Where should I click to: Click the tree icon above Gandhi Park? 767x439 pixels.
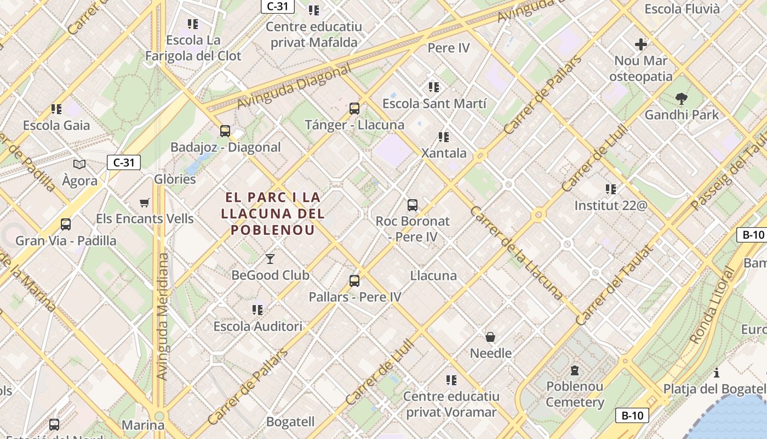pyautogui.click(x=682, y=99)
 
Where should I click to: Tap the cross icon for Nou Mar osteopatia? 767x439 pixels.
pyautogui.click(x=641, y=44)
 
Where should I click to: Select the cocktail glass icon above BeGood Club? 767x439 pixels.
pyautogui.click(x=270, y=258)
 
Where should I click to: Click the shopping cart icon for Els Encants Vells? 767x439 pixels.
pyautogui.click(x=145, y=203)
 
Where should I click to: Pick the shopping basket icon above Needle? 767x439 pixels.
pyautogui.click(x=490, y=336)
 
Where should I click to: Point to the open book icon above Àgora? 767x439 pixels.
pyautogui.click(x=79, y=164)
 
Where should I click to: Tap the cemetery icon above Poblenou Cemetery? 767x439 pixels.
pyautogui.click(x=575, y=370)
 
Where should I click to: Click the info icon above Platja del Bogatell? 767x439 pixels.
pyautogui.click(x=717, y=373)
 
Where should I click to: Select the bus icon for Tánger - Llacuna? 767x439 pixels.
pyautogui.click(x=354, y=109)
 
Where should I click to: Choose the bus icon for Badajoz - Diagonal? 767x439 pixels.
pyautogui.click(x=225, y=131)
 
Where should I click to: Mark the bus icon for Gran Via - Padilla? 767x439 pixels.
pyautogui.click(x=66, y=224)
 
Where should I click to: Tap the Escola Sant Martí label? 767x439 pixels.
pyautogui.click(x=434, y=103)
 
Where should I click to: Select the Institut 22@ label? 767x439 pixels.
pyautogui.click(x=611, y=206)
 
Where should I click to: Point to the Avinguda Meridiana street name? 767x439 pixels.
pyautogui.click(x=163, y=316)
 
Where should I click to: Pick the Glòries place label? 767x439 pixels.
pyautogui.click(x=175, y=179)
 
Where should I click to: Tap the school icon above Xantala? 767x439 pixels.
pyautogui.click(x=444, y=137)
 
